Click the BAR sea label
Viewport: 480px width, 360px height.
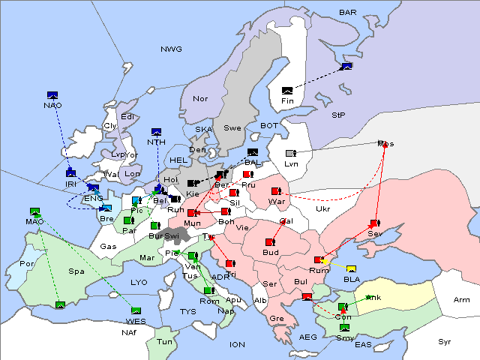[x=347, y=13]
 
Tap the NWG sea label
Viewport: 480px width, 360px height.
[x=171, y=49]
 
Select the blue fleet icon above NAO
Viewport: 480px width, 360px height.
[x=52, y=95]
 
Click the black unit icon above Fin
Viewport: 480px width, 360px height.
[x=287, y=90]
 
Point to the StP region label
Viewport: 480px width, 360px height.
[x=338, y=115]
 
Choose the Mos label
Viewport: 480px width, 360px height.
[x=385, y=144]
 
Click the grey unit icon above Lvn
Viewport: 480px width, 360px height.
[x=291, y=154]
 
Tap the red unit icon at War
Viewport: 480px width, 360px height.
[x=276, y=191]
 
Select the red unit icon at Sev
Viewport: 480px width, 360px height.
[x=373, y=223]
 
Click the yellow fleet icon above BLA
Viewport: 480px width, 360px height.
[x=352, y=269]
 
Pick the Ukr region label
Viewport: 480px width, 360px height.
[x=323, y=209]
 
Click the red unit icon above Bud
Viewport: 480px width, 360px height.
[x=270, y=242]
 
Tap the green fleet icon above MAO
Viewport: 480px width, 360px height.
[x=34, y=212]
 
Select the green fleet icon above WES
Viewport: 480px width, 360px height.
[x=136, y=310]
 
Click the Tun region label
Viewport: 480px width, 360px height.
[x=164, y=342]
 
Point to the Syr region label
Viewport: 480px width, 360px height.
[x=445, y=342]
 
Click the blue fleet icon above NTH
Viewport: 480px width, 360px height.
[x=156, y=132]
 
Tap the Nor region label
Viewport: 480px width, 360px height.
[x=200, y=99]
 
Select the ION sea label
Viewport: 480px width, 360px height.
[x=237, y=345]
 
